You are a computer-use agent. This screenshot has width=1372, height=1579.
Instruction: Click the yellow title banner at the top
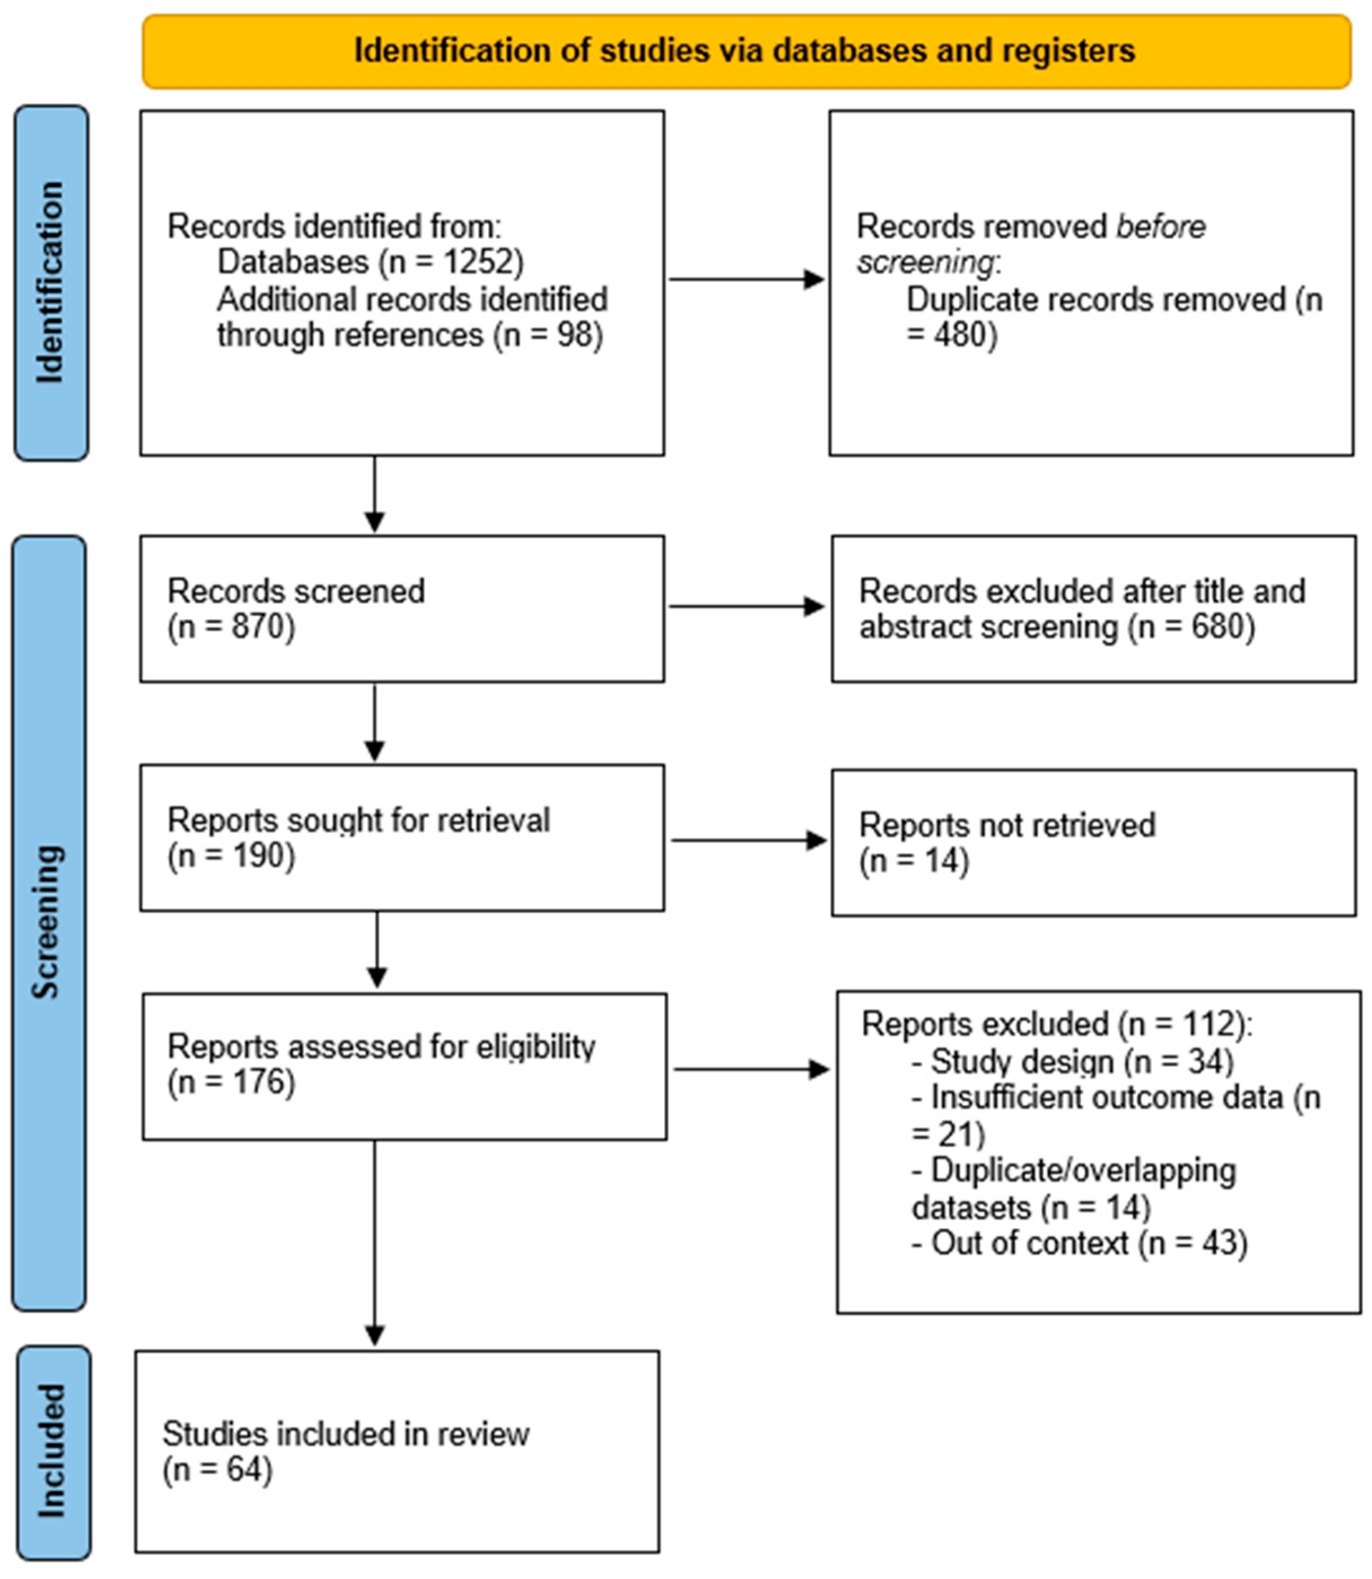(x=747, y=51)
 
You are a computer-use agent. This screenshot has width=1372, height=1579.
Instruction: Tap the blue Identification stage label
(x=51, y=283)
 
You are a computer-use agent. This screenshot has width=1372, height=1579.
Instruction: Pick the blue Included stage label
(x=54, y=1452)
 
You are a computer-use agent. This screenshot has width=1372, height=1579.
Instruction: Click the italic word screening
(x=925, y=262)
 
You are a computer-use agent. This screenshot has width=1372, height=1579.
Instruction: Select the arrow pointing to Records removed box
(x=747, y=279)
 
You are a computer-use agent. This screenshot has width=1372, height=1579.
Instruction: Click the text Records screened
(x=296, y=591)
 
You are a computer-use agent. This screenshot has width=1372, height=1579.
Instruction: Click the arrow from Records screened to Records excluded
(x=747, y=607)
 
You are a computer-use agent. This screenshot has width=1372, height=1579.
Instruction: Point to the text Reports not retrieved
(x=1007, y=825)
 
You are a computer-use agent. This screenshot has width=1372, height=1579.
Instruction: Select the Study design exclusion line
(x=1072, y=1062)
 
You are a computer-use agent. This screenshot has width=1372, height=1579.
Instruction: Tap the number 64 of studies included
(x=244, y=1470)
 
